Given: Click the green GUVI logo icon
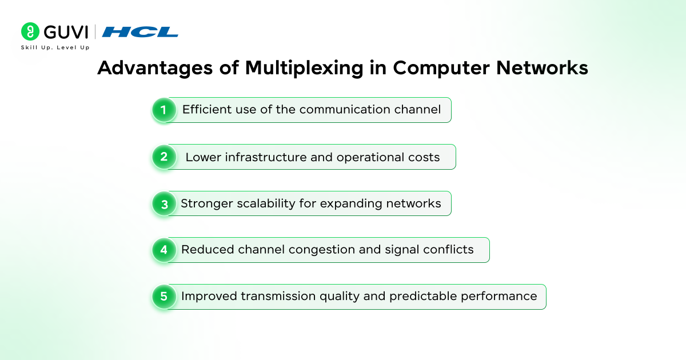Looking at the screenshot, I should click(30, 31).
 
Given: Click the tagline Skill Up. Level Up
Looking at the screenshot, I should click(55, 47).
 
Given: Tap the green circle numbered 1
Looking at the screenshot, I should click(164, 110).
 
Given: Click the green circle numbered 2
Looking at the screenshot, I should click(164, 157).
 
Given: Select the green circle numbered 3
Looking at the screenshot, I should click(164, 203).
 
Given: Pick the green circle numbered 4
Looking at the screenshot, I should click(164, 250).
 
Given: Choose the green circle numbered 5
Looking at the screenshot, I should click(164, 297).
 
